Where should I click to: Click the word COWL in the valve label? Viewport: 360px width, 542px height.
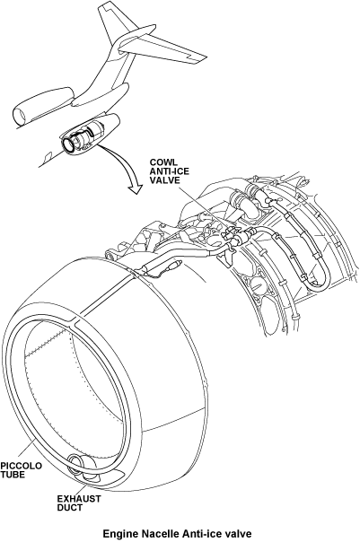163,162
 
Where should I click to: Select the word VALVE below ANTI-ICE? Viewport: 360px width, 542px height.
164,180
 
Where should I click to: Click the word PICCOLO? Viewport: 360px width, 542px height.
21,466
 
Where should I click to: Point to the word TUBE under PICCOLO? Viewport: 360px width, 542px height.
13,475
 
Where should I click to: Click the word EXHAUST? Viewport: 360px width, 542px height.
79,499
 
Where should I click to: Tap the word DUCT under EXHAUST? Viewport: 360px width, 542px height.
70,508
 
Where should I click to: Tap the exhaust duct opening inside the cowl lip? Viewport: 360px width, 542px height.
80,467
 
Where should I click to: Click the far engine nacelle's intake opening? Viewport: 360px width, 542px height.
19,116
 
